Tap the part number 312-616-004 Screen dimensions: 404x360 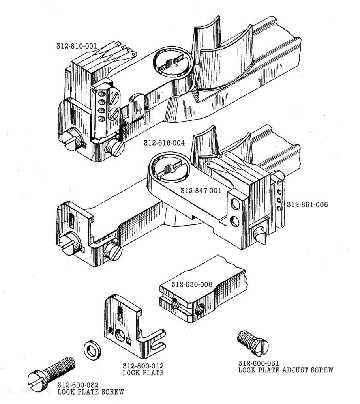click(x=164, y=143)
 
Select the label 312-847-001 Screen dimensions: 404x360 click(x=201, y=191)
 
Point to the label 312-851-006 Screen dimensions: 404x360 click(x=307, y=205)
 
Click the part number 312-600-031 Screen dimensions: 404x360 click(x=259, y=363)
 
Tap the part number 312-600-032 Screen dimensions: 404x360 click(x=78, y=385)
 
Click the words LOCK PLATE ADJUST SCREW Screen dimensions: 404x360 click(x=285, y=370)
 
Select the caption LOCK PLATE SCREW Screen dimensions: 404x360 click(x=90, y=392)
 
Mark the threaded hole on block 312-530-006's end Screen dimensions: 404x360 click(x=197, y=309)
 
